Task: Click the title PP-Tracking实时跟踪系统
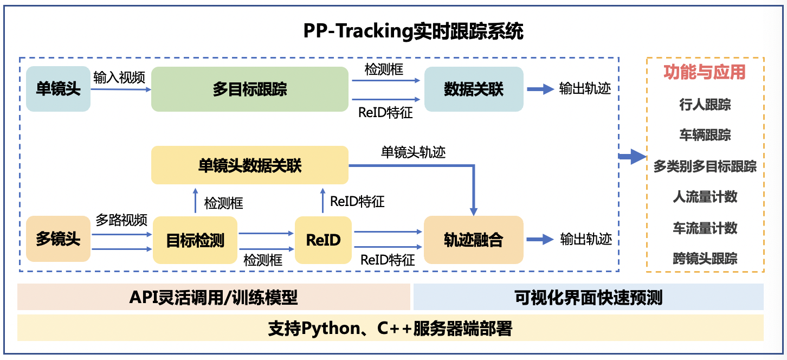tap(413, 32)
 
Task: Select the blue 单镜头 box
tap(58, 89)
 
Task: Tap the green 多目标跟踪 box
tap(249, 89)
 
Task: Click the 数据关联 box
tap(474, 89)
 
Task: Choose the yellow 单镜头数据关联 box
tap(249, 165)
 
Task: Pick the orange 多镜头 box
tap(58, 239)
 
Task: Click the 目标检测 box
tap(195, 240)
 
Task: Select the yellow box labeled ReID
tap(323, 240)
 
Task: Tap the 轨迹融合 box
tap(474, 240)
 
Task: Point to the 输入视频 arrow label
tap(119, 77)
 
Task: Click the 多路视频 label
tap(121, 220)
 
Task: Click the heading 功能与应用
tap(705, 72)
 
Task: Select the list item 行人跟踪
tap(705, 104)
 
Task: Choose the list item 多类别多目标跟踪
tap(705, 166)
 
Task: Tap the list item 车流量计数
tap(705, 228)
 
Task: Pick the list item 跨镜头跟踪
tap(705, 259)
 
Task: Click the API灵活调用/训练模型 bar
tap(214, 297)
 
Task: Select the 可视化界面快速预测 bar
tap(588, 297)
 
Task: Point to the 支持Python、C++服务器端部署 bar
tap(390, 328)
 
